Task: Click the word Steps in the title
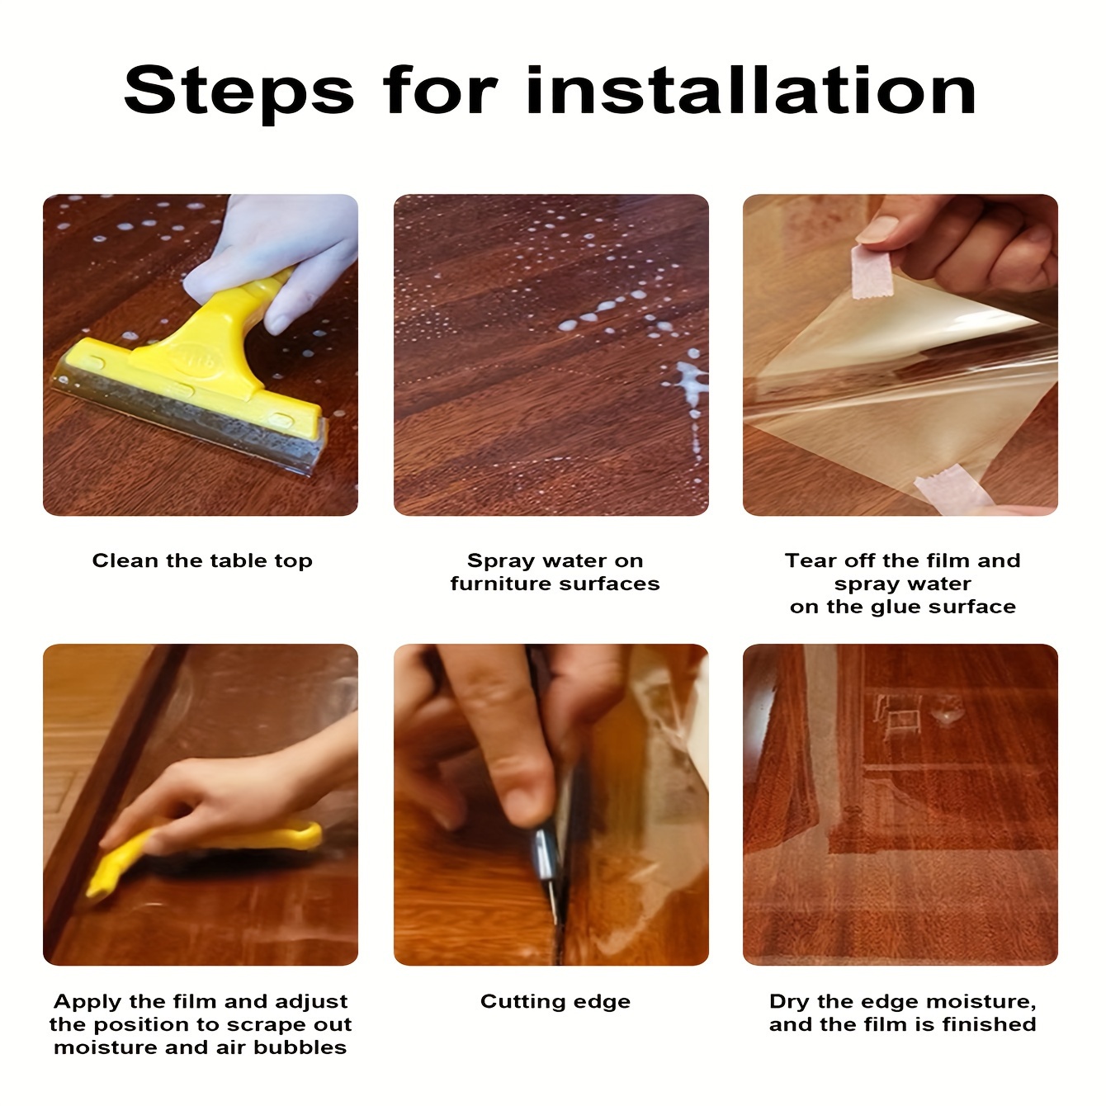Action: (x=239, y=92)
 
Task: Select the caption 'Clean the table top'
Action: (x=202, y=560)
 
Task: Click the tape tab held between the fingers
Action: (x=872, y=272)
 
